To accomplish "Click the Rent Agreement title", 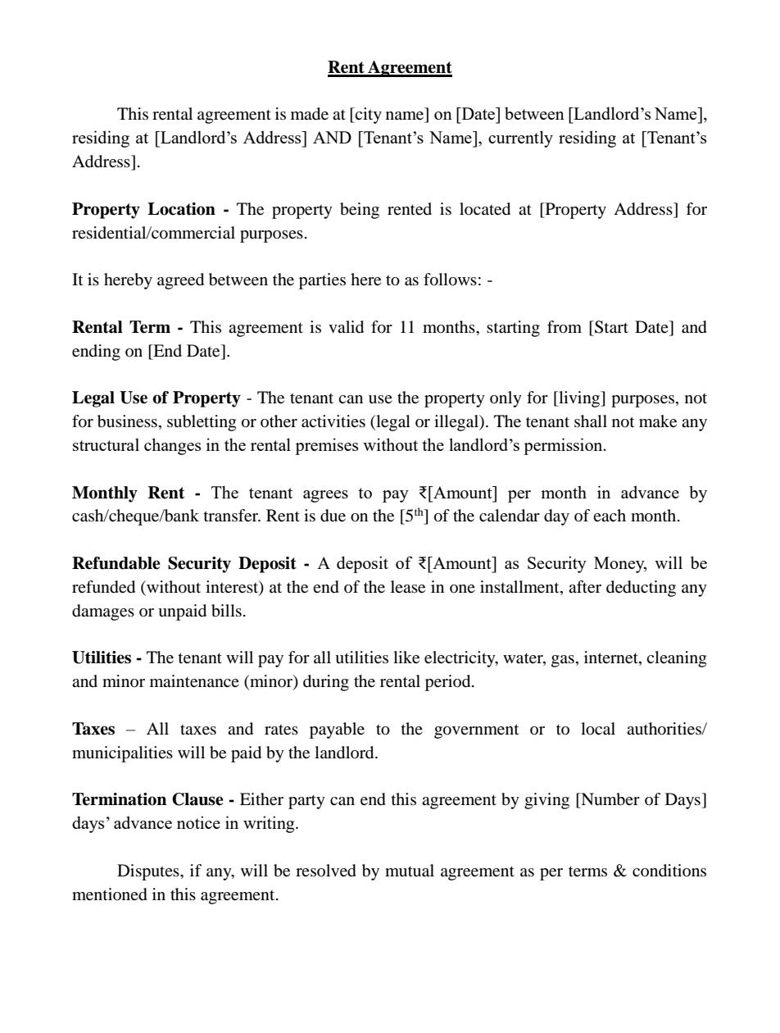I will [389, 67].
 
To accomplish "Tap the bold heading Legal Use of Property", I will [156, 398].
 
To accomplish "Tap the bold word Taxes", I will [93, 730].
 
